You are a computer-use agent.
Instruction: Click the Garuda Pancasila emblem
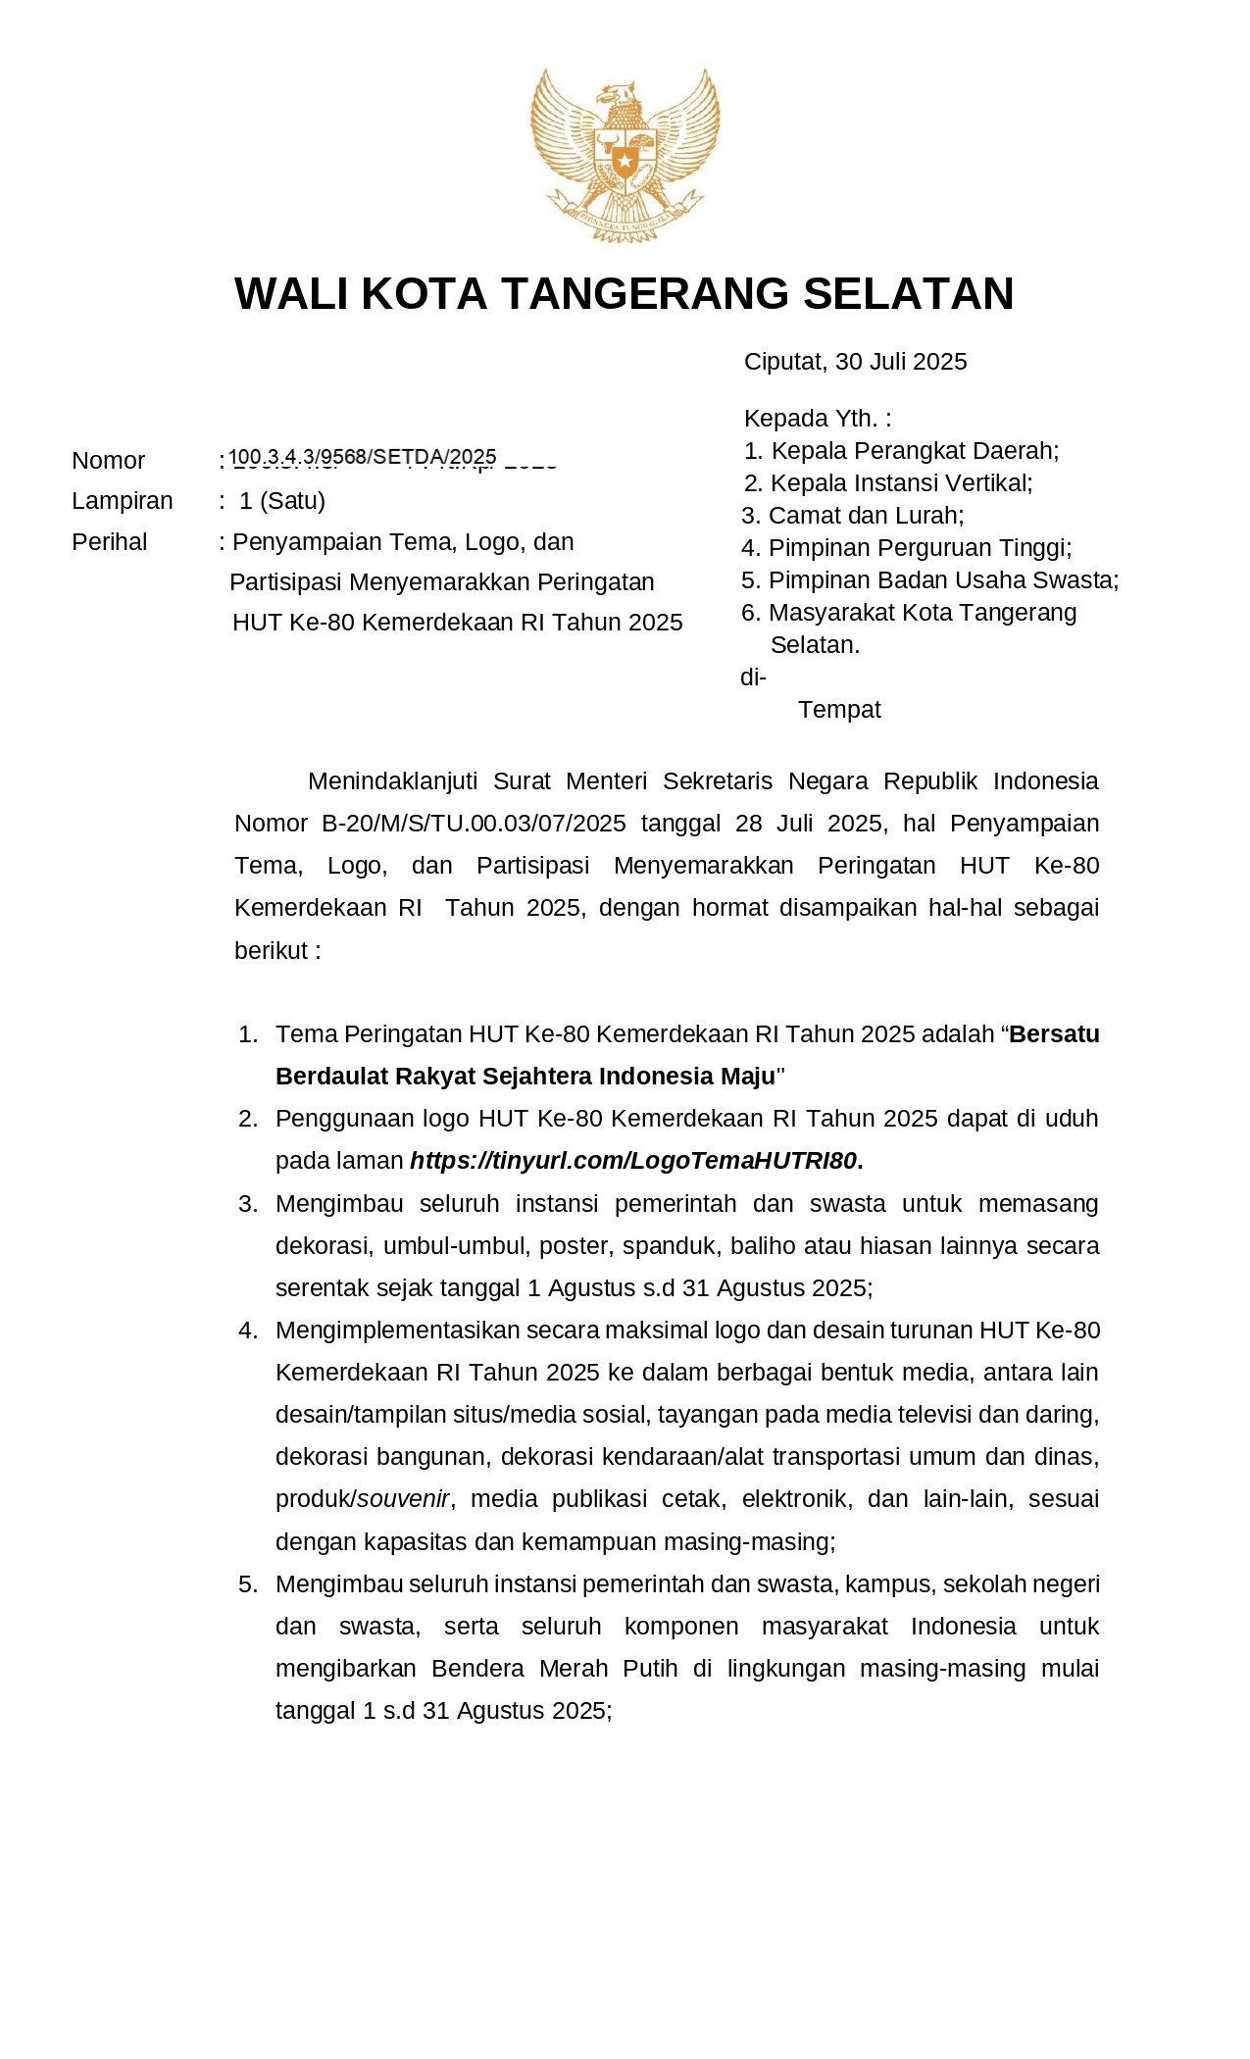click(x=625, y=154)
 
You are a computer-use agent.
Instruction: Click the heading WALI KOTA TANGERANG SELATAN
click(x=625, y=293)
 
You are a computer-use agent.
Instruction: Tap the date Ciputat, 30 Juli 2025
click(x=855, y=362)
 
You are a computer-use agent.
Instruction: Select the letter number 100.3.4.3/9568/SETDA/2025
click(x=364, y=457)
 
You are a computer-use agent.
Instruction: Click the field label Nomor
click(x=108, y=461)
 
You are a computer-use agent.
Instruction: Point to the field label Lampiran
click(x=122, y=501)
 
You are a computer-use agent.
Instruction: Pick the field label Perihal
click(x=109, y=542)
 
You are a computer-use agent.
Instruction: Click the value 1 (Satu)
click(x=282, y=501)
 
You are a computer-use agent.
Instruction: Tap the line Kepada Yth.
click(x=817, y=419)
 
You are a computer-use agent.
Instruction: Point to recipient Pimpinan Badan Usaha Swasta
click(x=942, y=580)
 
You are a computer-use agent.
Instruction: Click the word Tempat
click(x=839, y=710)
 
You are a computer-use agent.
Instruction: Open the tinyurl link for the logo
click(x=634, y=1161)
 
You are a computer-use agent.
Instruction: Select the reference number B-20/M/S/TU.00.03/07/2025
click(x=474, y=824)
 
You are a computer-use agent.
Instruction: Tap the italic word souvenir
click(x=403, y=1499)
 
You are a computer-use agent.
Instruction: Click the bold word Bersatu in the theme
click(x=1054, y=1034)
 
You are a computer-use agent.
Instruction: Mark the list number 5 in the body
click(x=247, y=1584)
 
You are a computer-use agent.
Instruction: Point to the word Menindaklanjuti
click(x=392, y=781)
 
